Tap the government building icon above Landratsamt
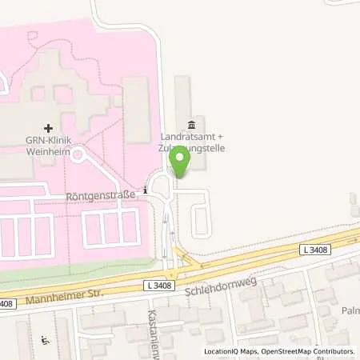click(x=190, y=125)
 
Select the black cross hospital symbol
click(x=49, y=127)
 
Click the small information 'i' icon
click(x=144, y=190)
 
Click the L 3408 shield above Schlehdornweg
click(x=158, y=285)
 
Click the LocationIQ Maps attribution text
click(x=232, y=352)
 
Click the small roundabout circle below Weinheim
click(x=78, y=154)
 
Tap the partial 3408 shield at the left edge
click(x=6, y=302)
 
